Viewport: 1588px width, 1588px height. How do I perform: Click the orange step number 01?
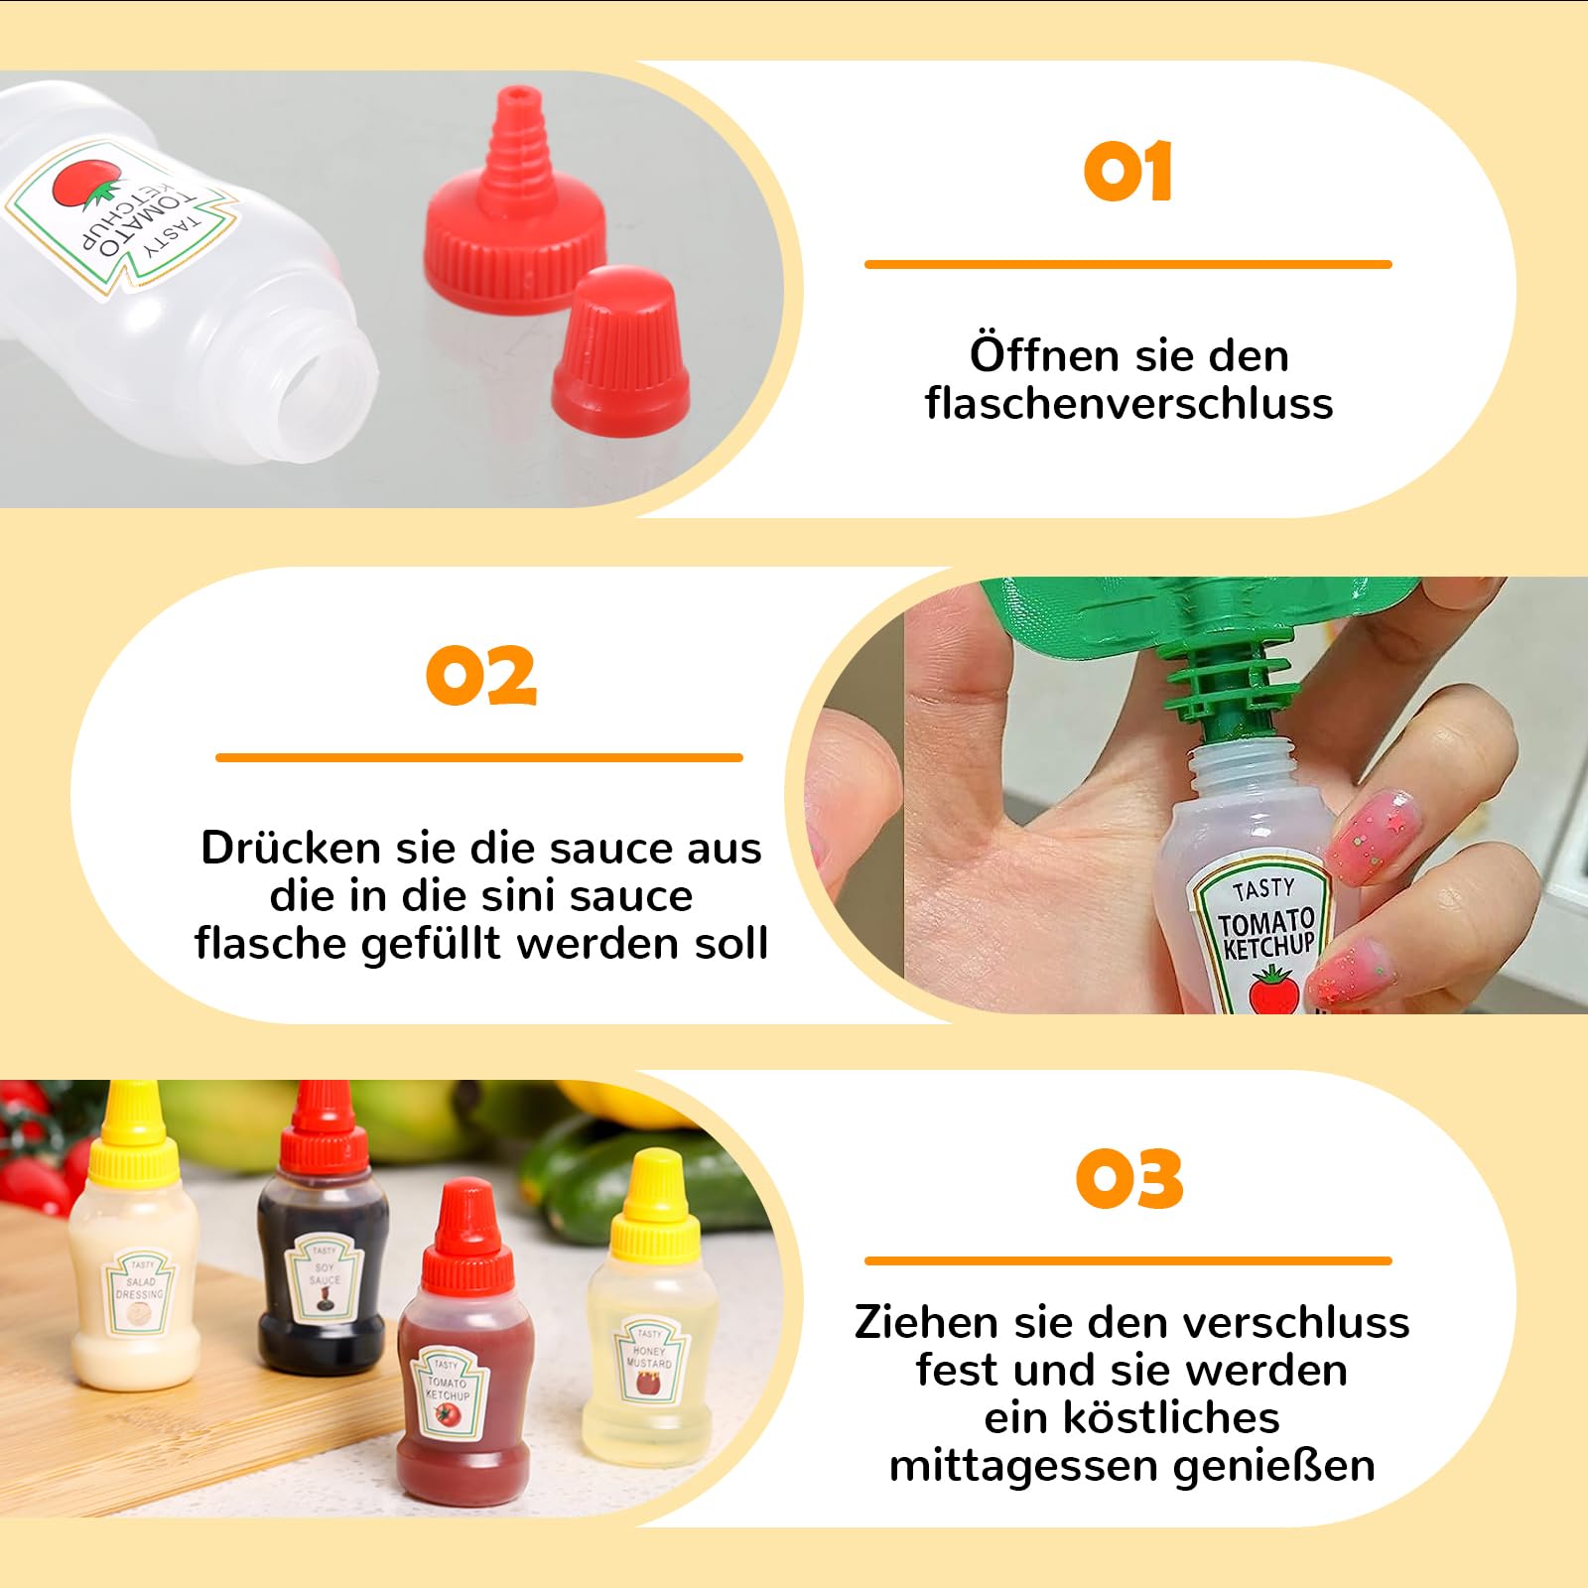pyautogui.click(x=1127, y=173)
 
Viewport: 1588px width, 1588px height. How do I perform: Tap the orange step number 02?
pyautogui.click(x=481, y=676)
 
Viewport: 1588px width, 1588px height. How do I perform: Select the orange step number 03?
pyautogui.click(x=1129, y=1179)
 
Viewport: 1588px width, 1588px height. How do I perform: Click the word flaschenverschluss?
pyautogui.click(x=1128, y=404)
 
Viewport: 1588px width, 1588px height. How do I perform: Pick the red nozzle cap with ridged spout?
pyautogui.click(x=514, y=213)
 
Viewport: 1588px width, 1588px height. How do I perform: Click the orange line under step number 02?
pyautogui.click(x=479, y=758)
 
